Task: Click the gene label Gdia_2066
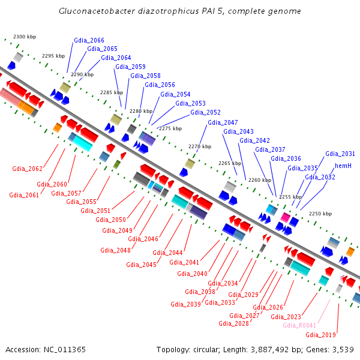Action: [x=89, y=40]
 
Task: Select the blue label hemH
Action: [x=343, y=165]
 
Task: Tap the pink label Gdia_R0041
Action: [x=299, y=325]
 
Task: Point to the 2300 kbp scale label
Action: [x=25, y=37]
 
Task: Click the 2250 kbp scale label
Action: [x=320, y=214]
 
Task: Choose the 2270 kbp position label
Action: [x=199, y=146]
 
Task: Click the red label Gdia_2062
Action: [x=27, y=169]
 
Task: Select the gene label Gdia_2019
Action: [x=320, y=335]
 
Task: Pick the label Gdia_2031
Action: [x=340, y=154]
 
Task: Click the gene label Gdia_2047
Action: [x=223, y=122]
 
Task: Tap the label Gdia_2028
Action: [x=233, y=323]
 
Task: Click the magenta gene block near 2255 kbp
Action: [x=286, y=217]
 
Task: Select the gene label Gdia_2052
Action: [x=205, y=112]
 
